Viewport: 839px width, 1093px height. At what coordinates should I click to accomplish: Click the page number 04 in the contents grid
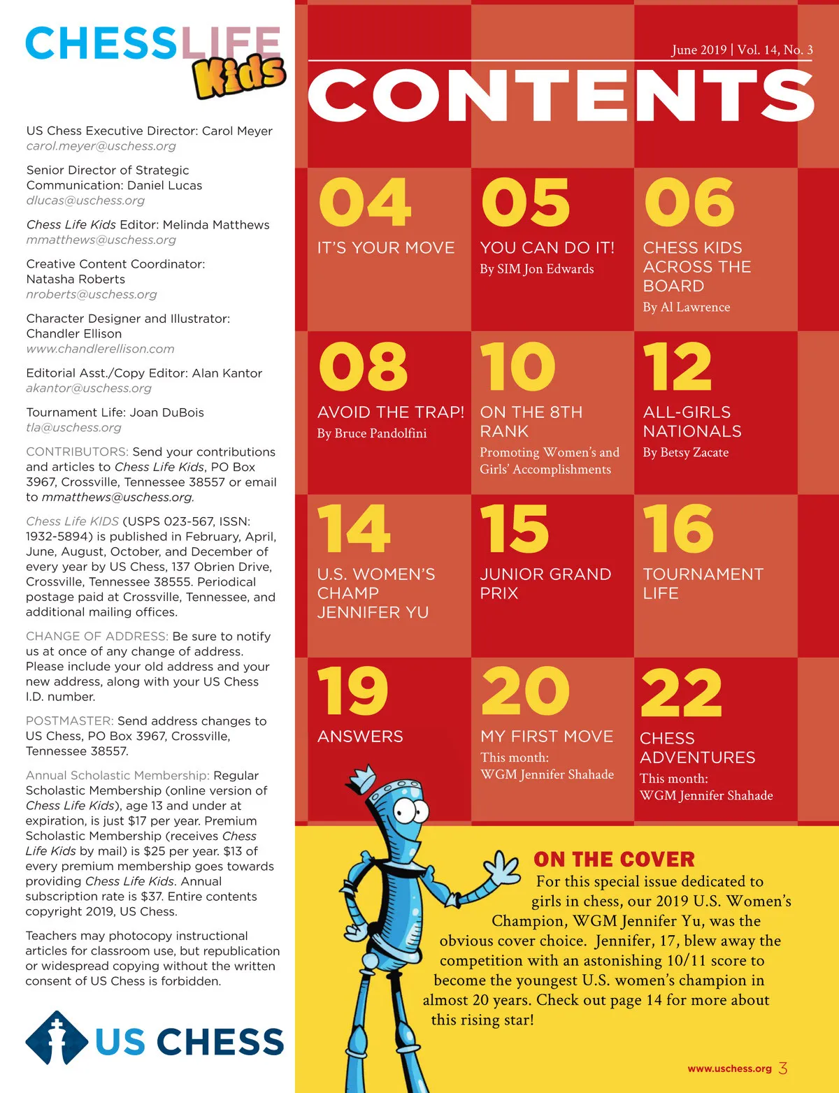[x=364, y=203]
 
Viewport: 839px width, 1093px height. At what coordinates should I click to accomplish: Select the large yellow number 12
[x=677, y=367]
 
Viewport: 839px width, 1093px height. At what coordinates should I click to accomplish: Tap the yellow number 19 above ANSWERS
[x=352, y=691]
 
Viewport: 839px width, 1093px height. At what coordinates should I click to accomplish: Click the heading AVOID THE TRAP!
[x=390, y=412]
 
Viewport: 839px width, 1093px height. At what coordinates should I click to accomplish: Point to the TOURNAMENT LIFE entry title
[x=702, y=584]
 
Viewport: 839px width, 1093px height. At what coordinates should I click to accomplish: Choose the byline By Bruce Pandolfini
[x=371, y=433]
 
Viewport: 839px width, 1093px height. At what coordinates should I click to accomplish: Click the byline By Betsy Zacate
[x=685, y=452]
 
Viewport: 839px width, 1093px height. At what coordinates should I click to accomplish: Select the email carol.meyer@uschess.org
[x=101, y=146]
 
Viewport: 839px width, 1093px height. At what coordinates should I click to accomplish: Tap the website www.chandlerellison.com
[x=100, y=349]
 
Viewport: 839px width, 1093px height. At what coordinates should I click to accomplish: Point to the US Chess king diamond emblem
[x=57, y=1038]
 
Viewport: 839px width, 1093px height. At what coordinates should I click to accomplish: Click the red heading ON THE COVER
[x=614, y=859]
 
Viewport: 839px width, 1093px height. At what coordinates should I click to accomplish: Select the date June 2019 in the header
[x=698, y=50]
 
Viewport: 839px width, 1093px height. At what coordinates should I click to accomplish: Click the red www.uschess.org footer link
[x=729, y=1069]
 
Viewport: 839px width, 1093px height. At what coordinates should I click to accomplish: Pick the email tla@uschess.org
[x=73, y=427]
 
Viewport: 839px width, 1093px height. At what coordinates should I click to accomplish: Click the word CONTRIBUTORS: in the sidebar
[x=77, y=451]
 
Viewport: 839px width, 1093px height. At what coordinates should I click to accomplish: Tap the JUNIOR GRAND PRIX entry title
[x=545, y=584]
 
